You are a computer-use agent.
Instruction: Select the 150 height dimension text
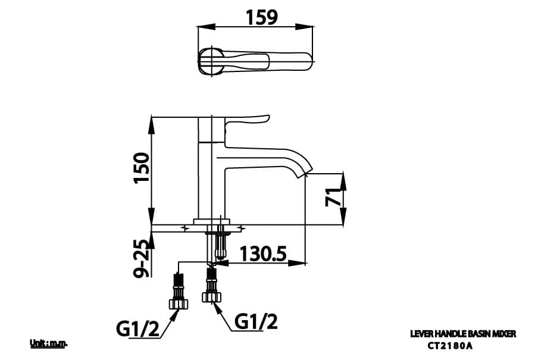point(140,168)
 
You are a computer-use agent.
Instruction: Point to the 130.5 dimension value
point(263,255)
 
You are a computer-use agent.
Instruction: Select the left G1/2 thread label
point(137,328)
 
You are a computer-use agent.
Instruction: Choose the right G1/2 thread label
point(256,322)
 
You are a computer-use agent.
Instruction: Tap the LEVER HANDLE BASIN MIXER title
point(463,334)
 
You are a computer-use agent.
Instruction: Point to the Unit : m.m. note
point(49,343)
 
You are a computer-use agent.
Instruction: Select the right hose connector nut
point(211,296)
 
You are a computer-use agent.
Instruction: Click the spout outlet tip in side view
point(306,173)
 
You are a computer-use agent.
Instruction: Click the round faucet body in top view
point(211,61)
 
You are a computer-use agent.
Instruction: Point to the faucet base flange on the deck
point(211,222)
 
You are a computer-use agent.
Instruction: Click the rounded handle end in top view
point(306,61)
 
